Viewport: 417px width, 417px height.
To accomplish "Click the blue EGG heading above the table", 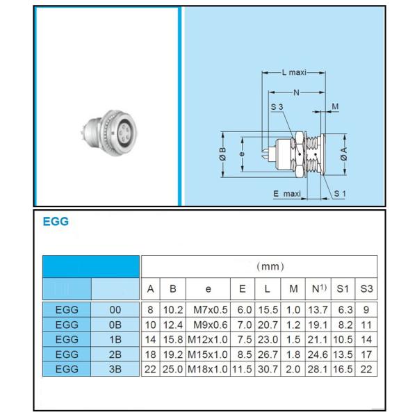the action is point(56,221).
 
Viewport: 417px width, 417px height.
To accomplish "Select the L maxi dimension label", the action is point(294,72).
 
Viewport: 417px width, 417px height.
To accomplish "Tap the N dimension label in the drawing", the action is point(296,92).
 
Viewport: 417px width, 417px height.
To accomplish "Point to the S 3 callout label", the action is point(277,107).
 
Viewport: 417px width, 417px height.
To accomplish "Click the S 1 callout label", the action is point(340,194).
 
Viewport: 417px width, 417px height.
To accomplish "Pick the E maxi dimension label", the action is point(287,194).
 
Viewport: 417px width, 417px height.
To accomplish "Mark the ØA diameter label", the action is point(343,154).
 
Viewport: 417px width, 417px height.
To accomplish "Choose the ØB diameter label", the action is point(222,154).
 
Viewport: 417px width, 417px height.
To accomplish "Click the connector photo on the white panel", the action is point(109,133).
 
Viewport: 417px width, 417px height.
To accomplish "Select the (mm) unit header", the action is point(270,266).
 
